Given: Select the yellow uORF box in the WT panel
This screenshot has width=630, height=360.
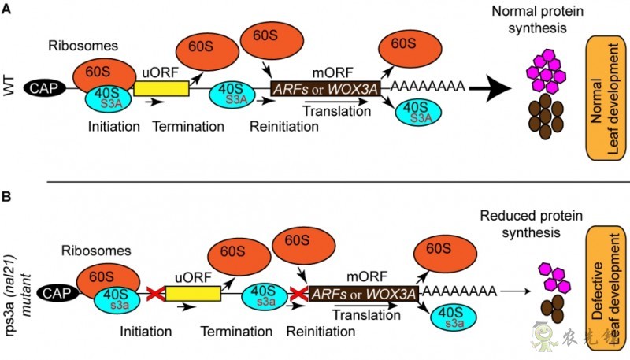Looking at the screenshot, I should tap(161, 88).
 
